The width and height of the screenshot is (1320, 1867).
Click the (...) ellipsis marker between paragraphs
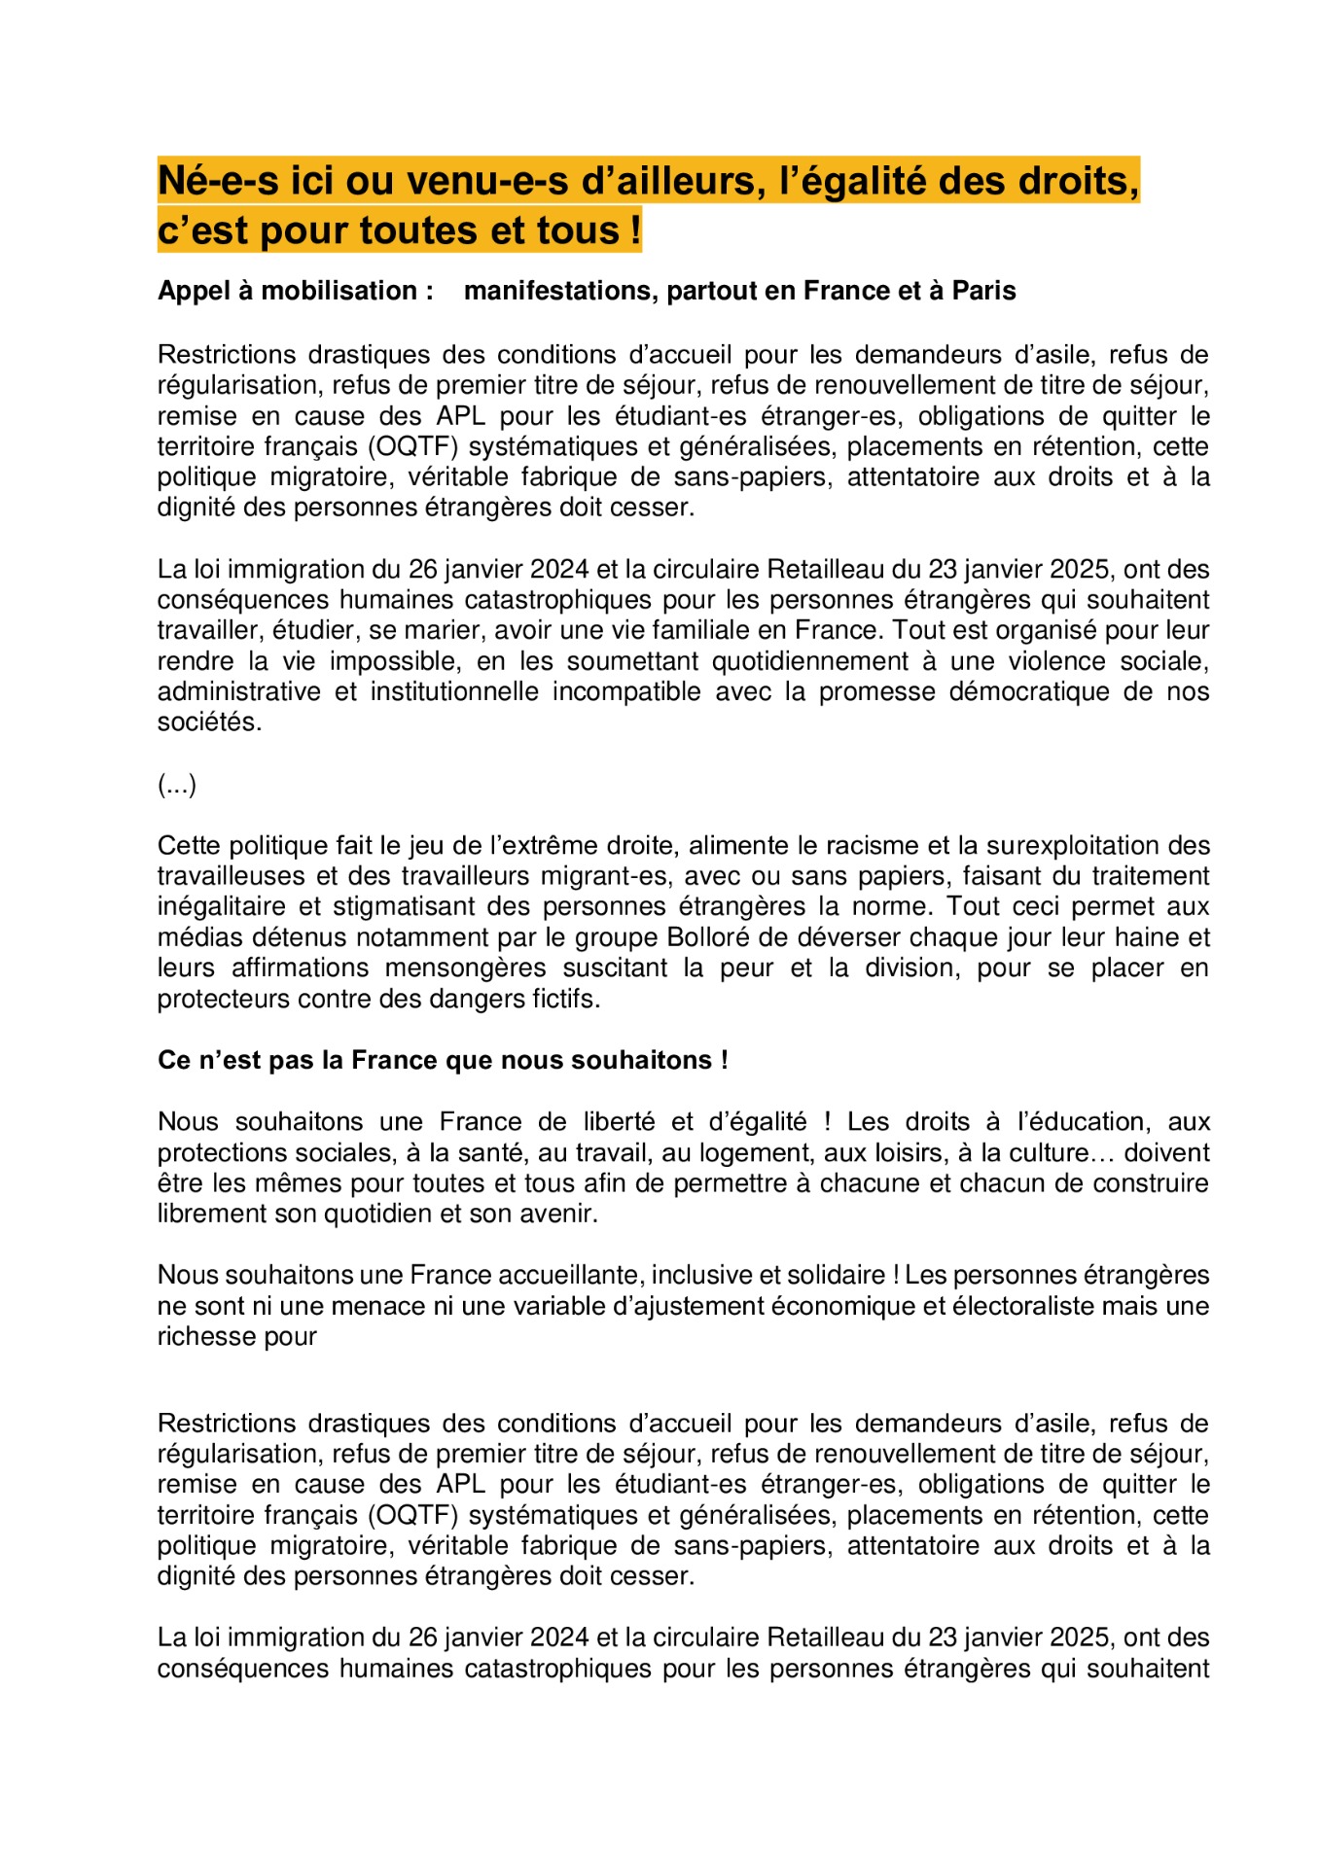[x=177, y=785]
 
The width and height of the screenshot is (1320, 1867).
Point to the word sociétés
[x=209, y=722]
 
